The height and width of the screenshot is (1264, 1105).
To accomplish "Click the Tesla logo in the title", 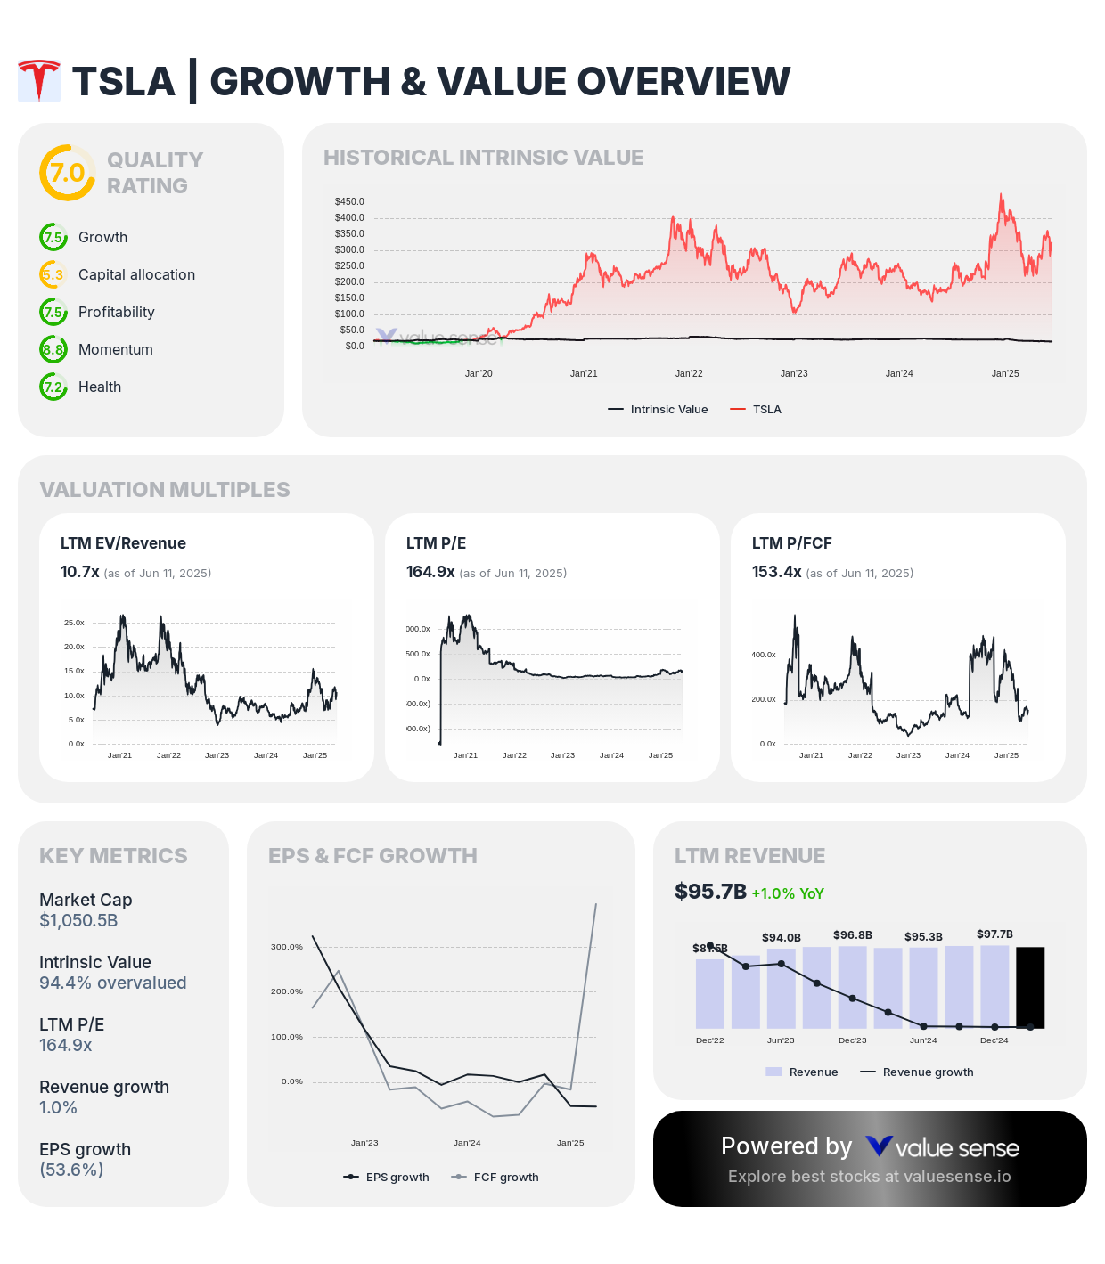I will coord(39,81).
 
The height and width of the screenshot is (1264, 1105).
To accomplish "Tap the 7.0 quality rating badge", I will coord(67,173).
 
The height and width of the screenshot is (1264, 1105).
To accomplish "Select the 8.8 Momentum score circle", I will coord(53,349).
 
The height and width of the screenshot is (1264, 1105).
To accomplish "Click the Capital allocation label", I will coord(136,275).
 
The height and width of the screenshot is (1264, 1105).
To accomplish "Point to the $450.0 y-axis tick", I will coord(349,202).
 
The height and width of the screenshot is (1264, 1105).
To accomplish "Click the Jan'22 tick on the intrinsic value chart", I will coord(689,374).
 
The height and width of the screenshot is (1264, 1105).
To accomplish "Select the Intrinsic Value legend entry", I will coord(659,410).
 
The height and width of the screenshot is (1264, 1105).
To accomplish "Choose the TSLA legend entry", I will coord(756,410).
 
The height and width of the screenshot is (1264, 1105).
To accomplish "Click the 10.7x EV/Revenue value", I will coord(79,572).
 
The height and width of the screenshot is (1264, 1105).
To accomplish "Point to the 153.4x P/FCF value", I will coord(776,572).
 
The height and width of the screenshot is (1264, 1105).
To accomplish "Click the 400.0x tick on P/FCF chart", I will coord(763,655).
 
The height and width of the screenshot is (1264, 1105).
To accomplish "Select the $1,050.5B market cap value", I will coord(78,921).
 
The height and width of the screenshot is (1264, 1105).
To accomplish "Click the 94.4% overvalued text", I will coord(112,983).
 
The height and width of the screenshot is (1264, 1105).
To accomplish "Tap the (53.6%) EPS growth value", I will coord(71,1170).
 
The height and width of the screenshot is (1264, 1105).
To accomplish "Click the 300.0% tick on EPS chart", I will coord(287,947).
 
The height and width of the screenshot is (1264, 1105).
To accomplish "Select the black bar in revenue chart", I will coord(1030,987).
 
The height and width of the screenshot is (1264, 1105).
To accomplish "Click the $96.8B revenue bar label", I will coord(852,935).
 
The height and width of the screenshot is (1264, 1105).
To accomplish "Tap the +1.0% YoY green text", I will coord(788,893).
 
